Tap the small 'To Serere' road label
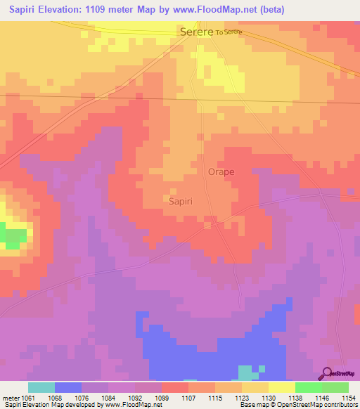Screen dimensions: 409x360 tap(229, 33)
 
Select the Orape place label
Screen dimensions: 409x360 tap(221, 171)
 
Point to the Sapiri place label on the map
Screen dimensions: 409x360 tap(181, 200)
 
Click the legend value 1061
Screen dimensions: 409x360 tap(28, 398)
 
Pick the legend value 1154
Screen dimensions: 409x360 tap(349, 398)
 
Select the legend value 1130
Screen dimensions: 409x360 tap(269, 398)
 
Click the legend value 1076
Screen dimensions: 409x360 tap(82, 398)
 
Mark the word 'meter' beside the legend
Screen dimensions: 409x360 tap(10, 398)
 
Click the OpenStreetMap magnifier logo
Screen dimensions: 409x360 tap(328, 373)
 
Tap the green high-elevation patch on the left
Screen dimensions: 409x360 tap(12, 236)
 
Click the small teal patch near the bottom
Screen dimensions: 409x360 tap(247, 372)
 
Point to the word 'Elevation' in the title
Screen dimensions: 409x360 tap(64, 10)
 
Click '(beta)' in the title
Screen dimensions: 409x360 tap(270, 10)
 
